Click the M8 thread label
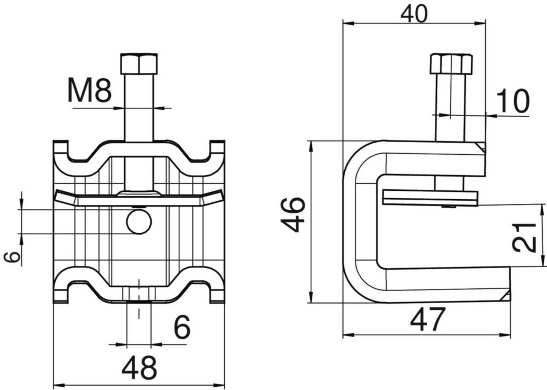[x=89, y=90]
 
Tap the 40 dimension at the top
[x=414, y=14]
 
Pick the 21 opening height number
[x=524, y=237]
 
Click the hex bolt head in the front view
[x=139, y=64]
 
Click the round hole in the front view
[x=139, y=222]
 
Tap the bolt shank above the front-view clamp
[x=139, y=108]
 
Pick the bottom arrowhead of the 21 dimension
[x=543, y=260]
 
